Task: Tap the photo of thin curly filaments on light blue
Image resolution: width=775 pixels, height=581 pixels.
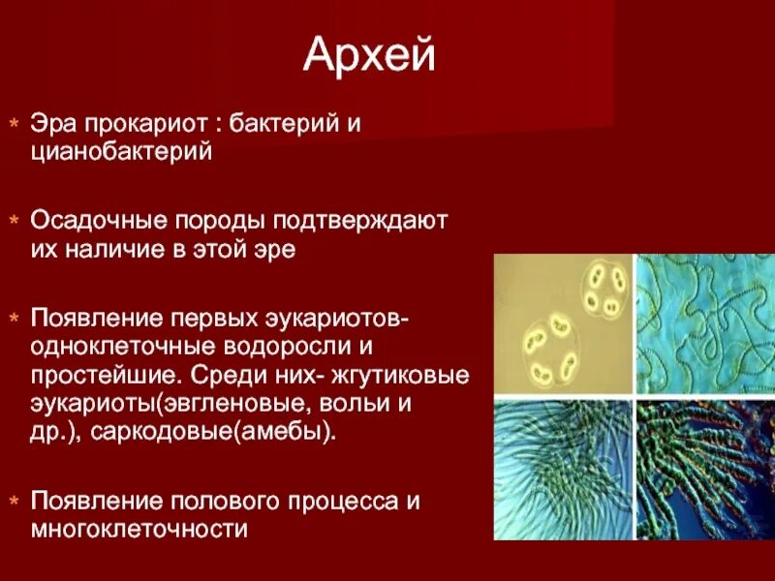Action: pyautogui.click(x=704, y=324)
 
